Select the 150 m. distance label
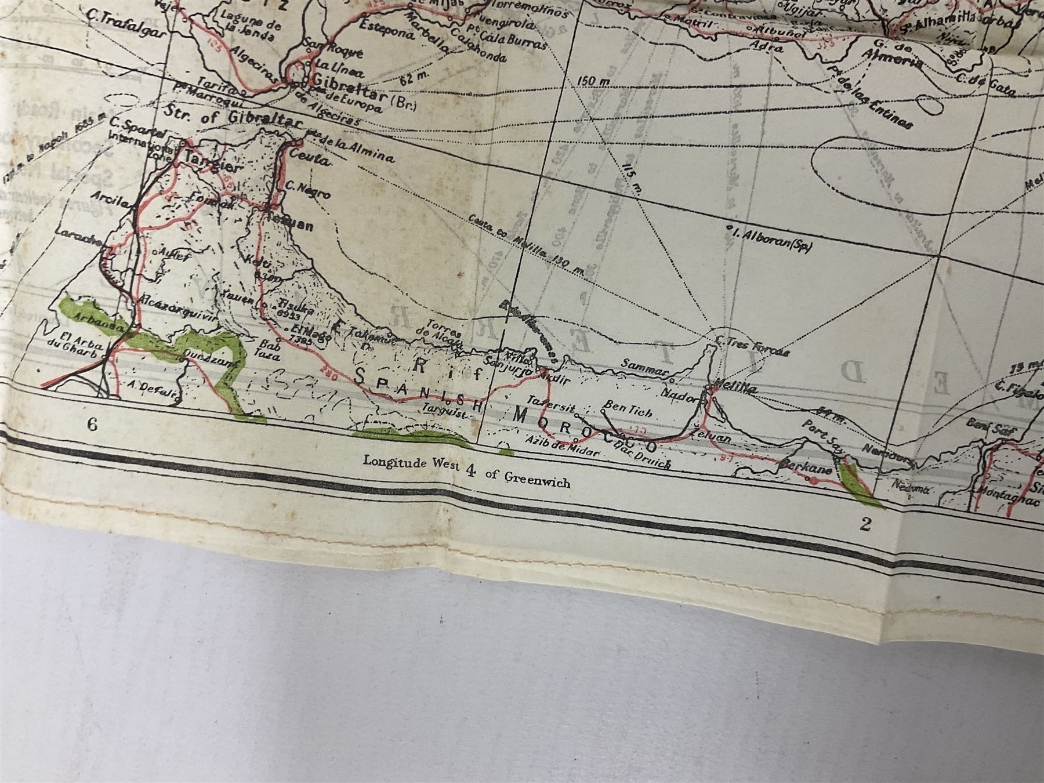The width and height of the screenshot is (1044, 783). tap(594, 82)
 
